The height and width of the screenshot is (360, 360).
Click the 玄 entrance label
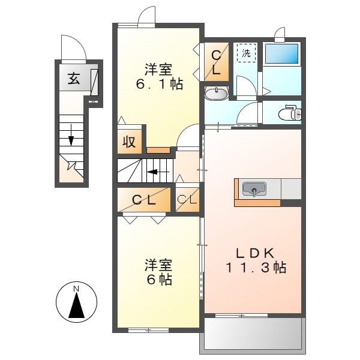point(73,79)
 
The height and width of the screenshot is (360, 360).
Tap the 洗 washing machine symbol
point(245,53)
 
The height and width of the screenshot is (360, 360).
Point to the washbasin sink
point(216,93)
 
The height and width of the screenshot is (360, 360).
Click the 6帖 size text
point(158,280)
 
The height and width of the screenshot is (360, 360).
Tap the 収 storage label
point(129,142)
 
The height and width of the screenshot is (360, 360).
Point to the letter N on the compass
point(76,290)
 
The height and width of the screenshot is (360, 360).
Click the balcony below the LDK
point(251,332)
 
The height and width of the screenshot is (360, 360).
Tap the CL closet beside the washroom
point(216,61)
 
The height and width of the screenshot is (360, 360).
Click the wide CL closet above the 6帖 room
point(144,200)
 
